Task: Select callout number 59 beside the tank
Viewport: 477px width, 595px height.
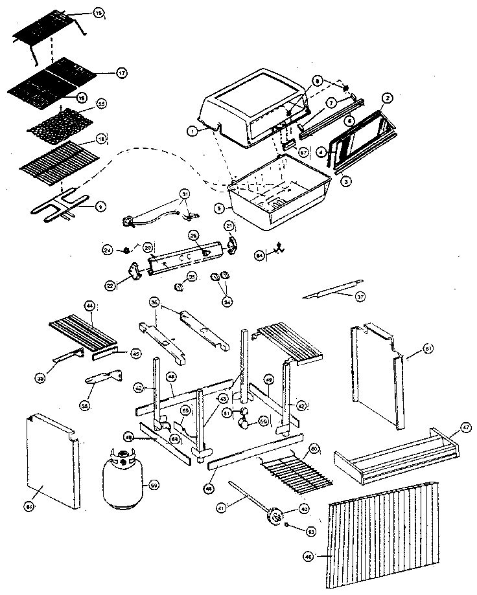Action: (x=154, y=484)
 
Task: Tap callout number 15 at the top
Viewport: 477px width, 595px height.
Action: (x=98, y=13)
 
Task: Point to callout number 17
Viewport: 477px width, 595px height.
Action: (x=121, y=73)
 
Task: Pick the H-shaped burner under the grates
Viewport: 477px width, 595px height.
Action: (x=58, y=207)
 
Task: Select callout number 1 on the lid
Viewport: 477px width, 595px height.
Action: (x=192, y=130)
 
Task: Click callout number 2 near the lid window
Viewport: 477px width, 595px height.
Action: (x=386, y=98)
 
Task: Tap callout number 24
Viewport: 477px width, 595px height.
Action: (x=108, y=249)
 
